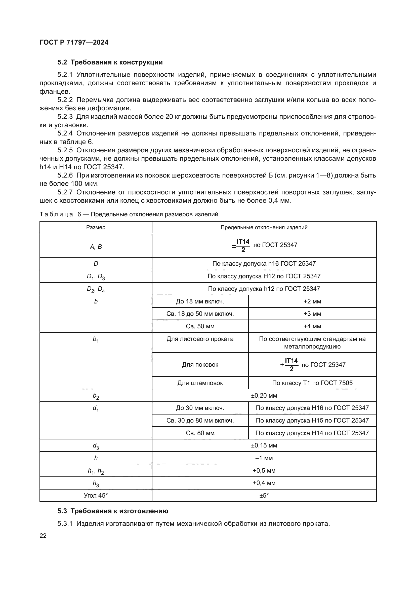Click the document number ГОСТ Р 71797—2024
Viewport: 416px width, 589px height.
[x=74, y=42]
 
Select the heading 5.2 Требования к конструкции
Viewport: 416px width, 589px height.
[x=110, y=62]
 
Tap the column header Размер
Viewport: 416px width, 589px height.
[x=96, y=227]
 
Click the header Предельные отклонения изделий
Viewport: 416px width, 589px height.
[x=264, y=227]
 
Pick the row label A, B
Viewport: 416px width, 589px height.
[x=96, y=247]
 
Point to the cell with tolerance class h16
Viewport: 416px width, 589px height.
[x=264, y=263]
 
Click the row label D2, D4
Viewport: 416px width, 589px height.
[x=96, y=289]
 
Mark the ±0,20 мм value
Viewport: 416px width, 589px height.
[x=264, y=395]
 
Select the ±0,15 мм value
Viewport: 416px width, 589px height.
[x=264, y=445]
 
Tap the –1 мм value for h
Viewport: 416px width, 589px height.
[x=264, y=458]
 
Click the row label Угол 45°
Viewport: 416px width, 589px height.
[x=96, y=495]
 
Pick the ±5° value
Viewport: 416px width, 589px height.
[x=264, y=495]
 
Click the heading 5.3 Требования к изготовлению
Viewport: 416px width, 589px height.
[x=113, y=511]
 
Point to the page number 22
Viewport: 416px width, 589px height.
[x=43, y=536]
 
